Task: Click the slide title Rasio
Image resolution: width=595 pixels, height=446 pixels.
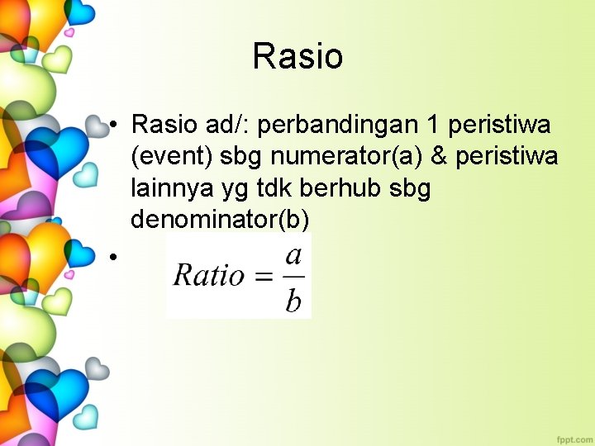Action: point(297,56)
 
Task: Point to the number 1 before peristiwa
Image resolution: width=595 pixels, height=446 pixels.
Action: point(431,125)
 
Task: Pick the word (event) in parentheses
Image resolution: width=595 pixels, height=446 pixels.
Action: point(172,157)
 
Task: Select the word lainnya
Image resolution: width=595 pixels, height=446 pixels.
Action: point(160,188)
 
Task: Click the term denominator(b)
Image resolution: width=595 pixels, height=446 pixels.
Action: point(219,220)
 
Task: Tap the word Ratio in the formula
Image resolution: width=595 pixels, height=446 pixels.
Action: point(208,275)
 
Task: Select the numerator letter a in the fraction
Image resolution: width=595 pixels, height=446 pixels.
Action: point(293,254)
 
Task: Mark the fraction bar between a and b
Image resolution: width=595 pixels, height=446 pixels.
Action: point(293,277)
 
